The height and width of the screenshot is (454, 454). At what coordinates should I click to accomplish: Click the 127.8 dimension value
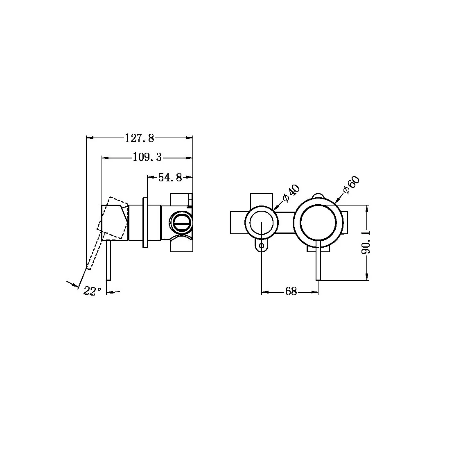pyautogui.click(x=140, y=138)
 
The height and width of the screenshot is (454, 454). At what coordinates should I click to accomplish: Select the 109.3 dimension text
pyautogui.click(x=147, y=157)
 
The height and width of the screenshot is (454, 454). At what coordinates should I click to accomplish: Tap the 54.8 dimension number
pyautogui.click(x=170, y=177)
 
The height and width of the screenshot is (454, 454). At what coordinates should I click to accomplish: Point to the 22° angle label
pyautogui.click(x=92, y=291)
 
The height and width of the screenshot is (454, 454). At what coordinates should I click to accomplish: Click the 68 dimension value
pyautogui.click(x=291, y=292)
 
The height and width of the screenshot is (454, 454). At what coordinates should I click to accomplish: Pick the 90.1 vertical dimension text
pyautogui.click(x=366, y=242)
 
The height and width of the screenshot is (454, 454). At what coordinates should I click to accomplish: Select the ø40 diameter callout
pyautogui.click(x=292, y=194)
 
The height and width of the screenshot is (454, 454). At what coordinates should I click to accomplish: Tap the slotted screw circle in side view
pyautogui.click(x=180, y=223)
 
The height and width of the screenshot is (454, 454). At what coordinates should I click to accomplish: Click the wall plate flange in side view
pyautogui.click(x=145, y=223)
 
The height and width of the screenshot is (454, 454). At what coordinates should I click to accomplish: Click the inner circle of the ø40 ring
pyautogui.click(x=262, y=223)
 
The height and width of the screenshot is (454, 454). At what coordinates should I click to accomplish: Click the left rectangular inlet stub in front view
pyautogui.click(x=237, y=223)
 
